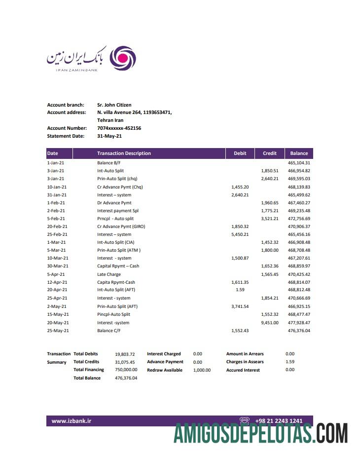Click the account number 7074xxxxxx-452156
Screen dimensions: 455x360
point(119,128)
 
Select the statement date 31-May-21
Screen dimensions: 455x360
point(109,136)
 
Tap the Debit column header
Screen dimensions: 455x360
point(240,153)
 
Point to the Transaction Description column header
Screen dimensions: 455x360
point(124,153)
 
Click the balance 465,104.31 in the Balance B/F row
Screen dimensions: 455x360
point(300,163)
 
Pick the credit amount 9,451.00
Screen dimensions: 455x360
point(269,322)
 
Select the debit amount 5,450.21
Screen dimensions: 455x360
point(240,234)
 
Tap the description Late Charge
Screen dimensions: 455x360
point(108,274)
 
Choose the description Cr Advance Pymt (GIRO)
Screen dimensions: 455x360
point(121,227)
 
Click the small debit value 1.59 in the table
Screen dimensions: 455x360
point(240,290)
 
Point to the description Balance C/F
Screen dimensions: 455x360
point(108,331)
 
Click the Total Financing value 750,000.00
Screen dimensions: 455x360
point(126,370)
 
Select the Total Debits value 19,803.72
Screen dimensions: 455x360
point(125,354)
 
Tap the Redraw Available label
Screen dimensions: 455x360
point(164,370)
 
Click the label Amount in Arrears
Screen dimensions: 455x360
point(245,354)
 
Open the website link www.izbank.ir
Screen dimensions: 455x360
point(72,421)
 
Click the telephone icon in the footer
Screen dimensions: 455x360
point(244,421)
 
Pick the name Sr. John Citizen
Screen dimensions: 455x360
point(114,105)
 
